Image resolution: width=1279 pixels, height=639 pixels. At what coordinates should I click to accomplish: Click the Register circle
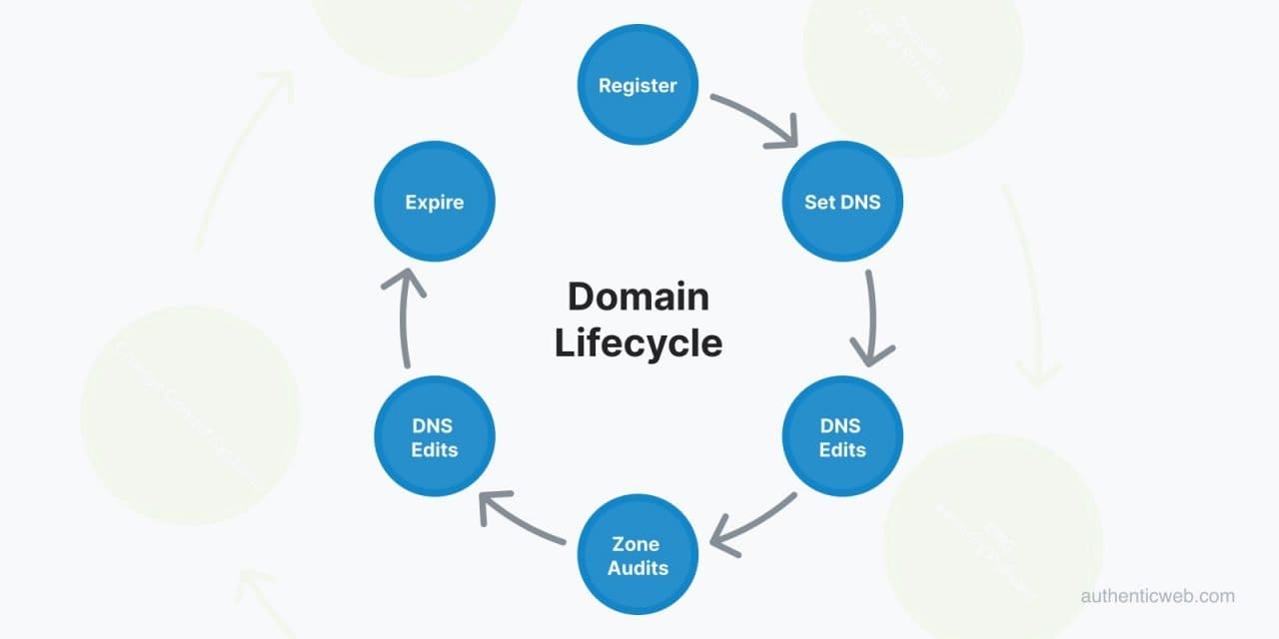point(638,85)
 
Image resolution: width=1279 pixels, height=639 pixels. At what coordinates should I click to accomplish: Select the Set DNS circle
point(842,202)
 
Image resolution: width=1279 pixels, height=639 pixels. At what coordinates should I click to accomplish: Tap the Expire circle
point(435,202)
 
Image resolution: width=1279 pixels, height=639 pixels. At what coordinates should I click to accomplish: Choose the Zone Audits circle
point(639,555)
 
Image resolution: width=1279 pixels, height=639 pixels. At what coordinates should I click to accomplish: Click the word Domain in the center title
point(639,297)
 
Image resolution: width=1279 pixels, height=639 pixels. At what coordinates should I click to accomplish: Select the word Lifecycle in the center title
point(639,342)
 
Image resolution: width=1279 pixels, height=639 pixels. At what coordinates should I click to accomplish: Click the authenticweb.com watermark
point(1157,596)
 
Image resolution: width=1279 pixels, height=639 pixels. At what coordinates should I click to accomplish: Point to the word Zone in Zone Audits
point(636,544)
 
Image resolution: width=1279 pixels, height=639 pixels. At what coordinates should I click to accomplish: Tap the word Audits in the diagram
point(639,567)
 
